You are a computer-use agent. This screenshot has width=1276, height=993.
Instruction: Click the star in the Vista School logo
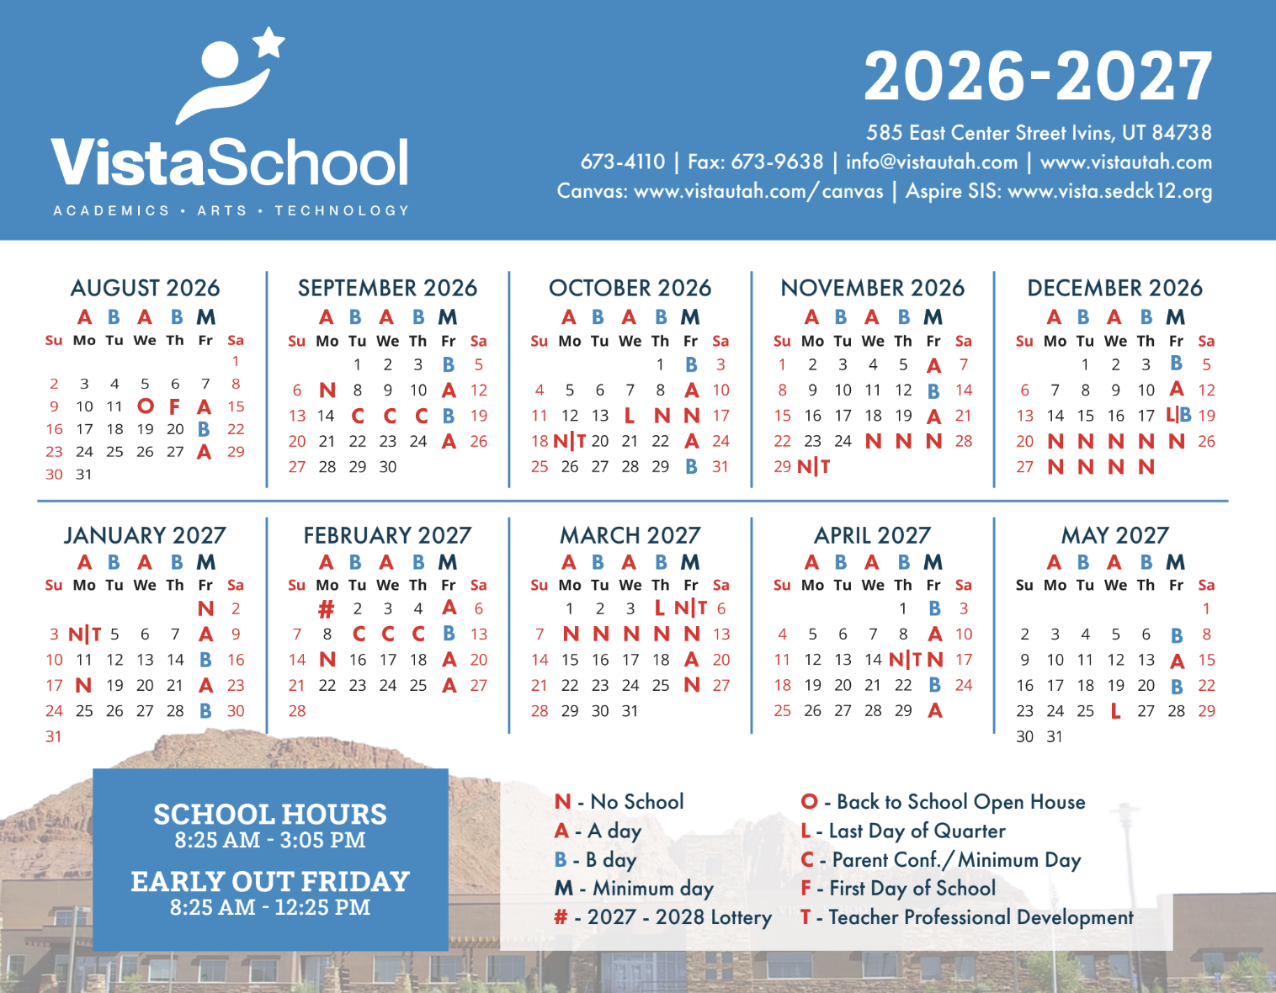pos(269,41)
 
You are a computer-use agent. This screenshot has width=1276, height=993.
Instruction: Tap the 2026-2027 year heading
pos(1038,77)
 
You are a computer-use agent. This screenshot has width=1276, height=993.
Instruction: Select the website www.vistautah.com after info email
pos(1126,162)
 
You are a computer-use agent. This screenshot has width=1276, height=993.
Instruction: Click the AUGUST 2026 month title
pos(145,288)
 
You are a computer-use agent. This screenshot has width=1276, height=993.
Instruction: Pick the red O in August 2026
pos(146,406)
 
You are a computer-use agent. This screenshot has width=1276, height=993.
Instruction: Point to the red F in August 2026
pos(175,406)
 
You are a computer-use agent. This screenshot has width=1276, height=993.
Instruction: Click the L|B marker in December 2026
pos(1178,415)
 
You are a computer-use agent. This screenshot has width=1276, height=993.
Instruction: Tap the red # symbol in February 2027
pos(327,608)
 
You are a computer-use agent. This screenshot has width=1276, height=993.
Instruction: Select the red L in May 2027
pos(1115,711)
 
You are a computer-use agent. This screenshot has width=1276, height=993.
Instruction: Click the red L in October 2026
pos(630,416)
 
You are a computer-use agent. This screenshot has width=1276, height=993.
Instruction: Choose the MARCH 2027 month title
pos(630,535)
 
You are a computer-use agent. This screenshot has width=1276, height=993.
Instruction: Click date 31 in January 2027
pos(54,736)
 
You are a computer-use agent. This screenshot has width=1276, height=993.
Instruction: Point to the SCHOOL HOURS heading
pos(270,814)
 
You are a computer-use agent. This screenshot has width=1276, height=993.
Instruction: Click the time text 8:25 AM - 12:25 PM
pos(270,907)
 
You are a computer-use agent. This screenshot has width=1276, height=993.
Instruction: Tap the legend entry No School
pos(619,802)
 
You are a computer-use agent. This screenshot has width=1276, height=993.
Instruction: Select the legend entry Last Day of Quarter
pos(903,831)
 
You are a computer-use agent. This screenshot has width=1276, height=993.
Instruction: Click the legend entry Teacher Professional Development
pos(967,917)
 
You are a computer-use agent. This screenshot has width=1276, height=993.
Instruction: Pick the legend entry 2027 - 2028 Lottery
pos(663,917)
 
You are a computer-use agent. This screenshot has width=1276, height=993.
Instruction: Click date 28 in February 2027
pos(297,711)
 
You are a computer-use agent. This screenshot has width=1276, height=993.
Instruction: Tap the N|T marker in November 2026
pos(813,466)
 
